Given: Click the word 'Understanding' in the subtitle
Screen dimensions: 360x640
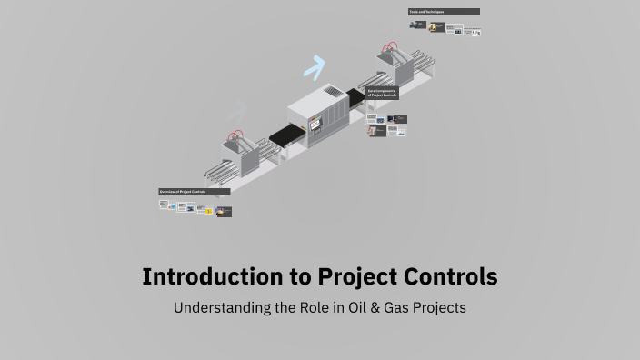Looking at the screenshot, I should click(x=223, y=307).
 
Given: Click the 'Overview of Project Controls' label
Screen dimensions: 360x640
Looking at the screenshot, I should click(x=194, y=192).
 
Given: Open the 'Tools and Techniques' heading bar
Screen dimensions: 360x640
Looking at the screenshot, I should click(x=444, y=12).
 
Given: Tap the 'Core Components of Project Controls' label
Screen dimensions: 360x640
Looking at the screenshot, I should click(x=383, y=93).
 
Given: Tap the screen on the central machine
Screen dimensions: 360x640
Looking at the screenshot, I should click(x=315, y=123).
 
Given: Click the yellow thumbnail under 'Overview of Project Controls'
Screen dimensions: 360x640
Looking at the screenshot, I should click(x=208, y=211).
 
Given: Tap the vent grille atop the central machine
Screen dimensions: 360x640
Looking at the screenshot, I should click(x=334, y=92).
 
